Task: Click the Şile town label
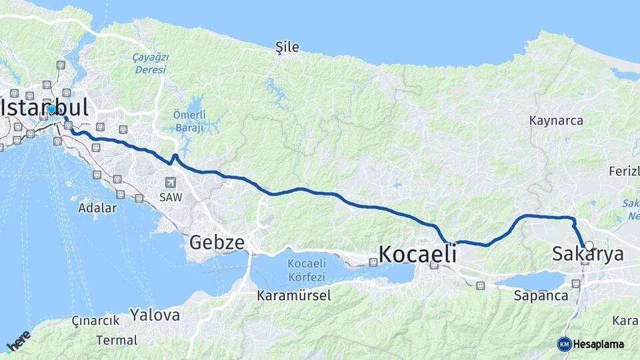click(287, 47)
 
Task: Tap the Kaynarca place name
click(556, 121)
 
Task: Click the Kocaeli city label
click(417, 253)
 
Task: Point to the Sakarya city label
click(588, 254)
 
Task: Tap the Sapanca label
click(541, 295)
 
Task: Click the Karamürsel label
click(294, 295)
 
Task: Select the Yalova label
click(155, 315)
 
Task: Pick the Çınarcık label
click(95, 321)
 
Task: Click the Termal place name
click(117, 340)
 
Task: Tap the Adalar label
click(97, 207)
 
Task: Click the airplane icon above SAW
click(171, 182)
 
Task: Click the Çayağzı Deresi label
click(150, 63)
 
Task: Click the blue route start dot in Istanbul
click(51, 109)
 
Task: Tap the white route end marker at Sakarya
click(589, 245)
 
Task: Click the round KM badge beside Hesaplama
click(564, 344)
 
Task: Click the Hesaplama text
click(599, 344)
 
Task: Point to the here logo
click(18, 341)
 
